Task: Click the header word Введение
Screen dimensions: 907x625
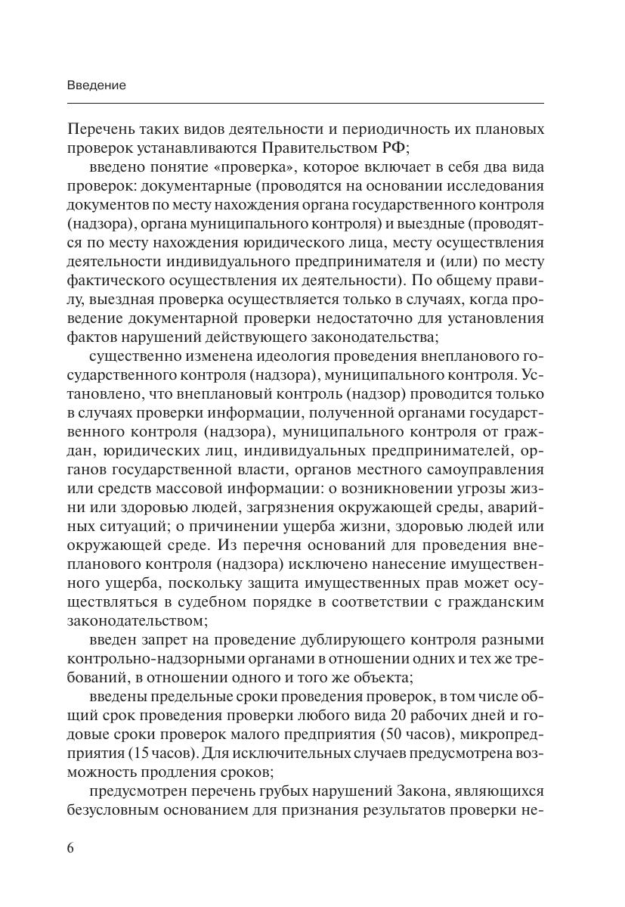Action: tap(96, 85)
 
